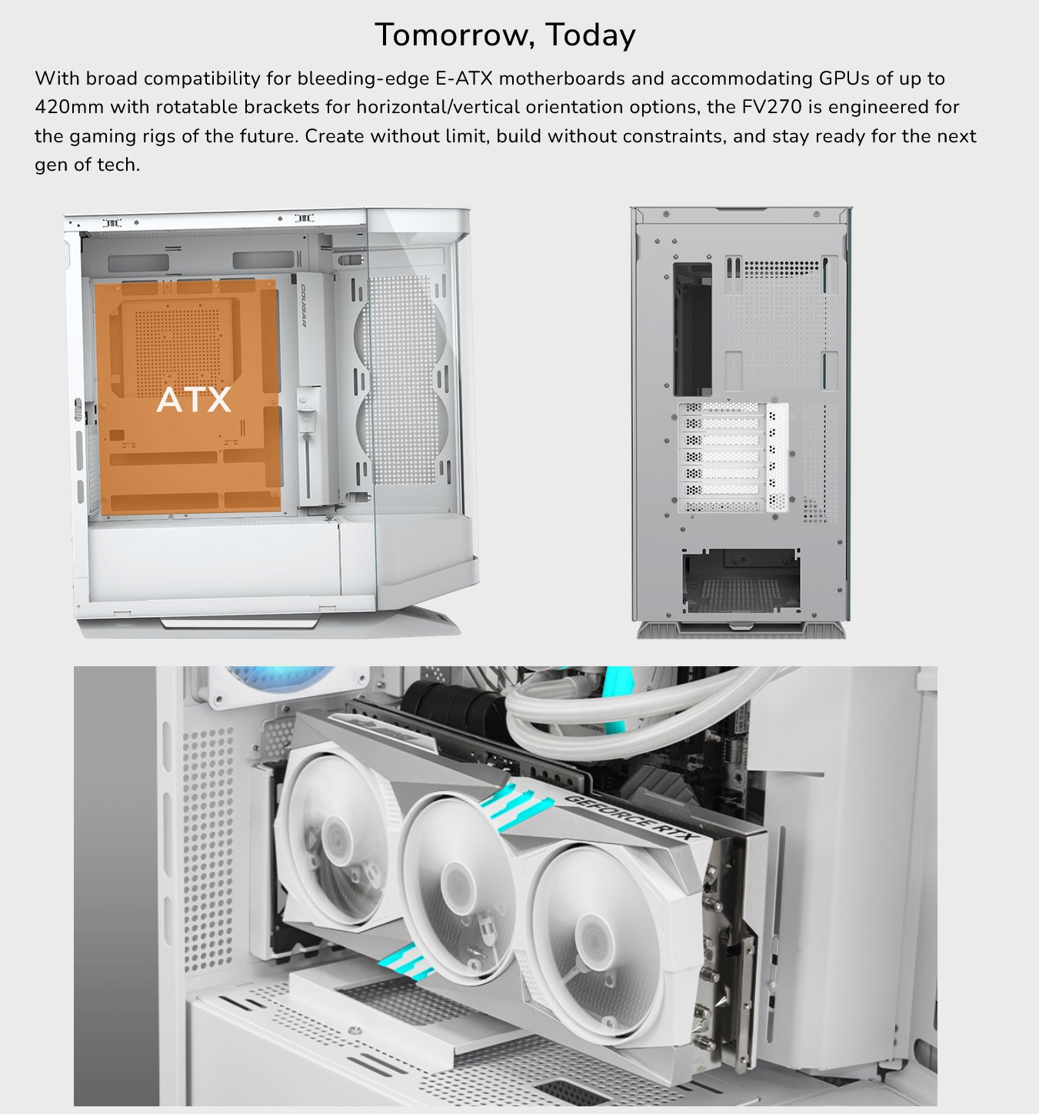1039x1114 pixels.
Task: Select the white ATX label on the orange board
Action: [x=194, y=400]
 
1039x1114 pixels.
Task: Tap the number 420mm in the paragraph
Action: [x=69, y=107]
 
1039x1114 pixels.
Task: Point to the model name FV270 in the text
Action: [x=772, y=107]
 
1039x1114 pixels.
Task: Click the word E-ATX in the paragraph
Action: [x=464, y=78]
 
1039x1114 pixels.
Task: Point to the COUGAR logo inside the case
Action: [x=304, y=305]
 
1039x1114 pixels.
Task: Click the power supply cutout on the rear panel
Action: [x=741, y=580]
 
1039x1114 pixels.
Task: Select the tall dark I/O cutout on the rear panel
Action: [x=692, y=330]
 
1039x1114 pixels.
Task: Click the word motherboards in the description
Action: [x=561, y=78]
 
